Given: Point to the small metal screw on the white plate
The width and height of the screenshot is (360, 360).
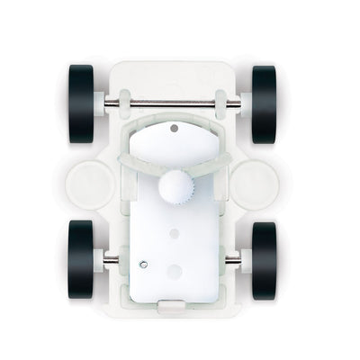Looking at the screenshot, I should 144,263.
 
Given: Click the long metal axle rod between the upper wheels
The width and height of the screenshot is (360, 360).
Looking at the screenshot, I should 173,103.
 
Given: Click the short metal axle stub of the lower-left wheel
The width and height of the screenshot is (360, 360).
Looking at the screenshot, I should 109,260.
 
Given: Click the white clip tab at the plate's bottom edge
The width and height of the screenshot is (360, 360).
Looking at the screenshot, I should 173,305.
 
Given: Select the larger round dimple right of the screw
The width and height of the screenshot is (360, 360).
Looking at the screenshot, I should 175,270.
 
